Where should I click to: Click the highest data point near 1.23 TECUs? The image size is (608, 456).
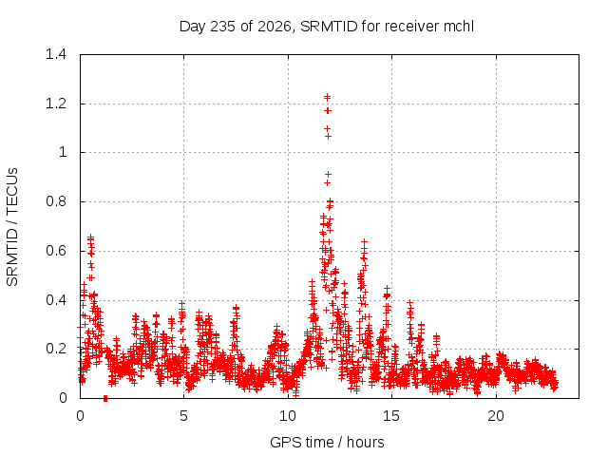(327, 97)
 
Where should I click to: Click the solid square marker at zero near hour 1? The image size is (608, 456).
(105, 398)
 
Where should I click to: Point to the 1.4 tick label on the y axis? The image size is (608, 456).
(56, 54)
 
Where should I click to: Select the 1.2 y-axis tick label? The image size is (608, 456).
(56, 104)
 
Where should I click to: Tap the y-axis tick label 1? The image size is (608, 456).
(63, 152)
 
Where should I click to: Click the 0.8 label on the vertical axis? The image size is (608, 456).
(56, 201)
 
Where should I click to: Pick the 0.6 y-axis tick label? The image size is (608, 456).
(56, 251)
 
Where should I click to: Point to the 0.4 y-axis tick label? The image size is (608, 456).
(56, 300)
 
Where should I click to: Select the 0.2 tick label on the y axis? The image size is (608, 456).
(56, 349)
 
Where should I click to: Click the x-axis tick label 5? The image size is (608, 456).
(183, 416)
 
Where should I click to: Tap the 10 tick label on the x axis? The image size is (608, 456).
(288, 416)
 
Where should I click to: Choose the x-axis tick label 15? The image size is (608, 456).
(391, 416)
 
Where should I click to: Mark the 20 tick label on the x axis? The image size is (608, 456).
(496, 416)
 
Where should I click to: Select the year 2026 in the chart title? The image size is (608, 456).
(275, 27)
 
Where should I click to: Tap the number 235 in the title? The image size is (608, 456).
(222, 27)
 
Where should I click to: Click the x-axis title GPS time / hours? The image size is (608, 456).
(327, 443)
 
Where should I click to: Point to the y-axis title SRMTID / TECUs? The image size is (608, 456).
(12, 227)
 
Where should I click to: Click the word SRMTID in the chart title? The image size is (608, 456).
(330, 27)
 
